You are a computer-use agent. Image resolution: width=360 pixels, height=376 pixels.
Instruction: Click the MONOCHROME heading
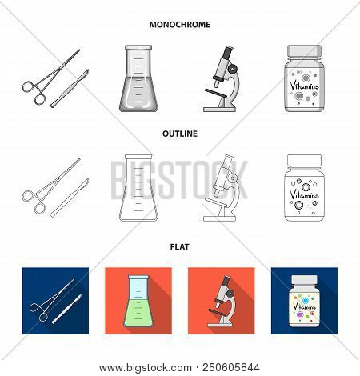click(180, 25)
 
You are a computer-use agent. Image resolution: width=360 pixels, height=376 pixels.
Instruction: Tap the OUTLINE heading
click(180, 135)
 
